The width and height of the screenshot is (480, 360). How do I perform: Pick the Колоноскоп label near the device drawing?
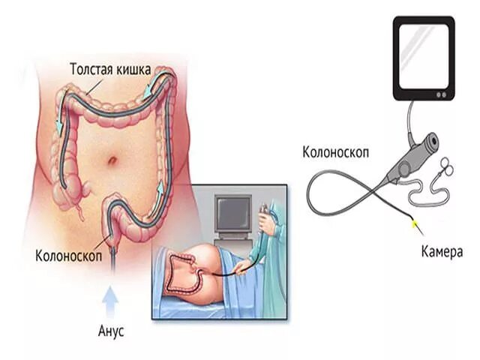tap(335, 154)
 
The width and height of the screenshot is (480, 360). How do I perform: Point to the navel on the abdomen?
tap(110, 160)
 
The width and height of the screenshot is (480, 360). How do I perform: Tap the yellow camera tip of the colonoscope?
tap(413, 223)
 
